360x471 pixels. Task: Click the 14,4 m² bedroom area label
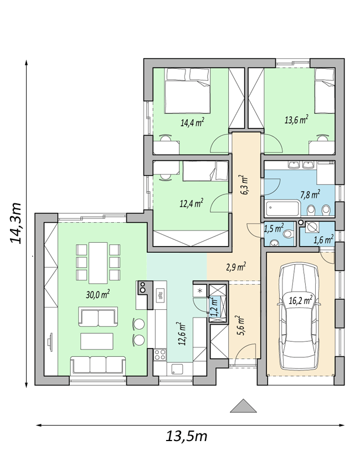[x=192, y=122]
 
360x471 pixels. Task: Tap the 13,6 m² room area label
[x=296, y=120]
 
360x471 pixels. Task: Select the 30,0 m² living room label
[x=97, y=294]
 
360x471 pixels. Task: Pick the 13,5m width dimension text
[x=187, y=436]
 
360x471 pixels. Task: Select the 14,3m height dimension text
[x=16, y=223]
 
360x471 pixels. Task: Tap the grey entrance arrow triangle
[x=244, y=406]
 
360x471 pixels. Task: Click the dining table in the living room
[x=98, y=263]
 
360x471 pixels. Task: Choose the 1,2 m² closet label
[x=214, y=306]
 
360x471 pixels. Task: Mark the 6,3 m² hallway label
[x=244, y=185]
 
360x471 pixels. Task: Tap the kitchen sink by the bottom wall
[x=177, y=369]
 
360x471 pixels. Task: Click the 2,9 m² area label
[x=236, y=266]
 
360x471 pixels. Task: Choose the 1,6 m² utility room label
[x=324, y=239]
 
